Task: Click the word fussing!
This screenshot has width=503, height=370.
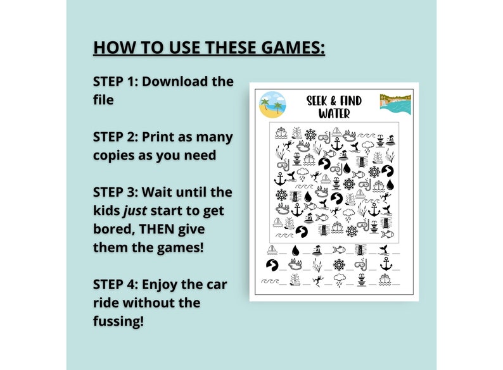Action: pos(118,321)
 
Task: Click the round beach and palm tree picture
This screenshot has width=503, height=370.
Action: pos(272,105)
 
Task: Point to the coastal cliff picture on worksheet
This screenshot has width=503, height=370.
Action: pos(395,104)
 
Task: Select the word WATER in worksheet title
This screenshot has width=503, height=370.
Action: pos(334,114)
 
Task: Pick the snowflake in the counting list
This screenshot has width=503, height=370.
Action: pos(340,264)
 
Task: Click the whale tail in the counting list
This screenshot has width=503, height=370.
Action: pos(385,250)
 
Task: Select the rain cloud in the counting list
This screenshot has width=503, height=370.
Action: pos(340,278)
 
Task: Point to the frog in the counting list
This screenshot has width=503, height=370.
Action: pos(317,278)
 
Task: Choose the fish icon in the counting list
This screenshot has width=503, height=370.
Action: pos(340,250)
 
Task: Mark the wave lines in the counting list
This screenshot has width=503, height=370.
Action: pos(271,279)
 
